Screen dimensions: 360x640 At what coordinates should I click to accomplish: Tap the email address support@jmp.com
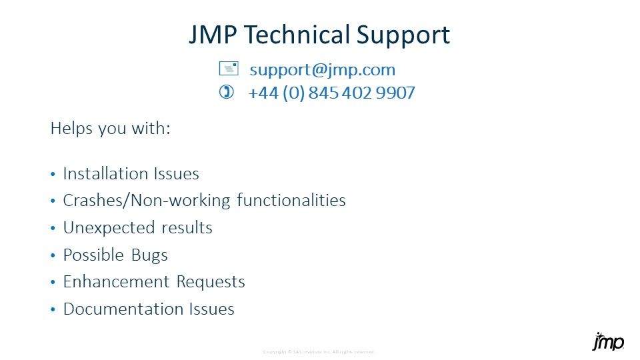point(322,70)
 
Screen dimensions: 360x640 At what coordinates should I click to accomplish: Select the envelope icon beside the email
point(228,68)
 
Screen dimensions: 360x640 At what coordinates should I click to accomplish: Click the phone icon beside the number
point(227,93)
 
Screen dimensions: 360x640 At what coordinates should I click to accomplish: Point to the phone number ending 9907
point(331,93)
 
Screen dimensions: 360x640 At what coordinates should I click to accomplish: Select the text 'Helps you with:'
point(111,128)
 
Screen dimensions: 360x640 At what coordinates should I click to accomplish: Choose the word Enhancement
point(116,282)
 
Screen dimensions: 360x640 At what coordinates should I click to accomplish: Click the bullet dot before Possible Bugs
point(53,255)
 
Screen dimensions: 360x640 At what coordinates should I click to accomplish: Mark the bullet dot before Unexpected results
point(53,228)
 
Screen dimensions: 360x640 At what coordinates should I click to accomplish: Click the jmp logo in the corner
point(607,341)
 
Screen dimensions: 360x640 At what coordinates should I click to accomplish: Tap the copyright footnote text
point(319,351)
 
